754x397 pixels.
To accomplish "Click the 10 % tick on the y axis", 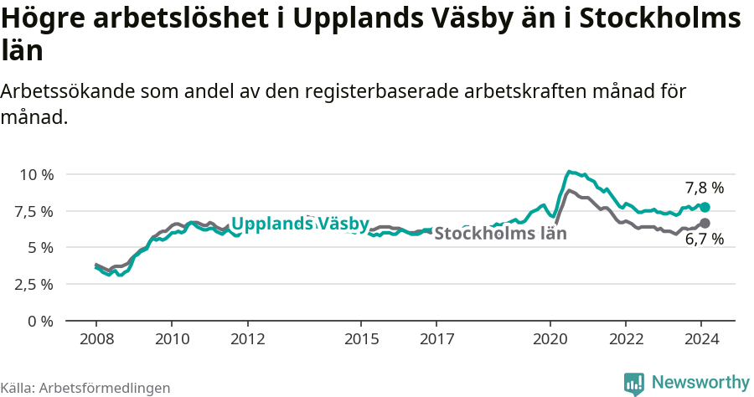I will [35, 174].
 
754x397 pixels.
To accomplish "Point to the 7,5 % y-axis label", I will [35, 211].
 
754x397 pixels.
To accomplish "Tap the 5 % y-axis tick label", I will [39, 247].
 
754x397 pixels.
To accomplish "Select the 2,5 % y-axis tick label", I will [35, 284].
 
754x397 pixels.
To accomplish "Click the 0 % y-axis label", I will [39, 321].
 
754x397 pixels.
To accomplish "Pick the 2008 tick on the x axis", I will [96, 338].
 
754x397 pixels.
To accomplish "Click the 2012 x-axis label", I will [248, 338].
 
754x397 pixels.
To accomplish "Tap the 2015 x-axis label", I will [361, 338].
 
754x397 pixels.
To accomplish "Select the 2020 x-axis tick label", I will [550, 338].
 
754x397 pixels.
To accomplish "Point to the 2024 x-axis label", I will [702, 338].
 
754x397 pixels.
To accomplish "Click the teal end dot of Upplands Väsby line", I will [705, 207].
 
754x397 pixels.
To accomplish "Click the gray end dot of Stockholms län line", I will [705, 223].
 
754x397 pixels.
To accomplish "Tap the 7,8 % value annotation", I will [705, 188].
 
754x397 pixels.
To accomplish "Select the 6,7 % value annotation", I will [705, 240].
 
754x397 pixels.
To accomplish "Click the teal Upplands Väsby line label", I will [300, 224].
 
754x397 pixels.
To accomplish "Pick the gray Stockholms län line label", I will [501, 234].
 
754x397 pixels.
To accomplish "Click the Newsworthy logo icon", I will [634, 383].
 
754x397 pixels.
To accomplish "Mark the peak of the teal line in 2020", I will [569, 172].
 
